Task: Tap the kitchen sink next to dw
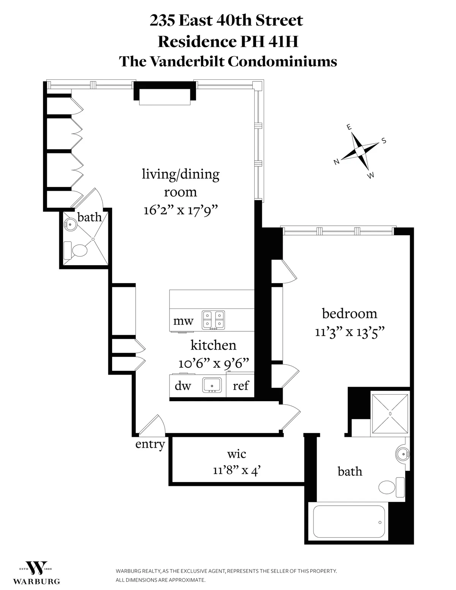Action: pyautogui.click(x=214, y=385)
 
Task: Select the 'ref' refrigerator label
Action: pyautogui.click(x=241, y=386)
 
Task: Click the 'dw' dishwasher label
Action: pyautogui.click(x=183, y=386)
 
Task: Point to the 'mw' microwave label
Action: pyautogui.click(x=183, y=321)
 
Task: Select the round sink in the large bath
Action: pyautogui.click(x=402, y=453)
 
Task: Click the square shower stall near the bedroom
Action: pyautogui.click(x=390, y=413)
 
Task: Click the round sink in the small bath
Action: pyautogui.click(x=70, y=224)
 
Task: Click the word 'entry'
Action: pyautogui.click(x=150, y=444)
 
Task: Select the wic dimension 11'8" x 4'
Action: pyautogui.click(x=236, y=471)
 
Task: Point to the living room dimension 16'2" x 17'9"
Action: pyautogui.click(x=180, y=210)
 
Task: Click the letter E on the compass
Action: pyautogui.click(x=349, y=128)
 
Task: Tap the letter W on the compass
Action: pyautogui.click(x=371, y=175)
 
